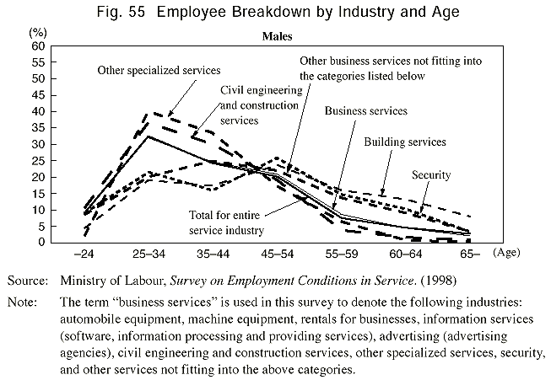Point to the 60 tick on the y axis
click(x=38, y=45)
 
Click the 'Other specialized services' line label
click(x=159, y=71)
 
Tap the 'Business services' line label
click(x=365, y=110)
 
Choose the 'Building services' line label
click(x=405, y=142)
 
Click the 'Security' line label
click(x=431, y=174)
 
